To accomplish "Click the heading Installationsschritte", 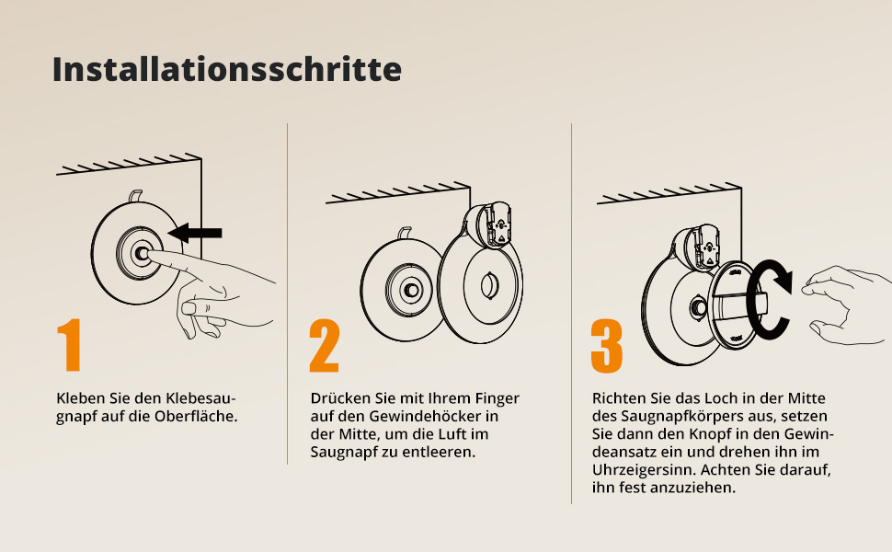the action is click(227, 69).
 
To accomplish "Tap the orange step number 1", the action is click(69, 344).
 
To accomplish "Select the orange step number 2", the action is click(325, 345).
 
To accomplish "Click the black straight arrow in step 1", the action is click(195, 233).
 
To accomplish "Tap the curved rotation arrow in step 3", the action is click(768, 300).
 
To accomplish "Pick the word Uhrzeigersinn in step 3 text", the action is click(644, 470).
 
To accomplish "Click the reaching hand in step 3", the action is click(848, 305).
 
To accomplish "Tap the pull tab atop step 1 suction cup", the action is click(135, 196).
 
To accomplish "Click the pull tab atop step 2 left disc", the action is click(405, 233).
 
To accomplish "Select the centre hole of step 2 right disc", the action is click(489, 285).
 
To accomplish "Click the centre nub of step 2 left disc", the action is click(411, 290).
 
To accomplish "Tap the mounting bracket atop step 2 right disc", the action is click(489, 224).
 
